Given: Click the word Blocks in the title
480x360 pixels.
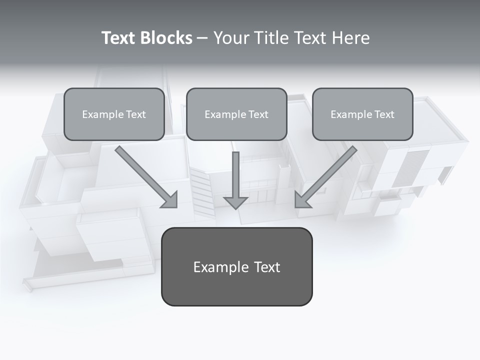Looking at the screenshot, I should tap(166, 38).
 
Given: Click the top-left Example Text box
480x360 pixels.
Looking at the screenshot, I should tap(114, 114).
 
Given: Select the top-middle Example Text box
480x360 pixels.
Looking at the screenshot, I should tap(236, 114).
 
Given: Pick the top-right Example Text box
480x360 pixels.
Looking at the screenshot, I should tap(362, 114).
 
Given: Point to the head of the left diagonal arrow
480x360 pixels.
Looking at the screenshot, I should tap(170, 200).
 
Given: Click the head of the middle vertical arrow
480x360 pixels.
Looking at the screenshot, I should tap(235, 202).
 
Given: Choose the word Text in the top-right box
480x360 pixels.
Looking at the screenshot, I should tap(384, 114).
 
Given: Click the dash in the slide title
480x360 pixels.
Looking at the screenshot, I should tap(202, 38).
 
